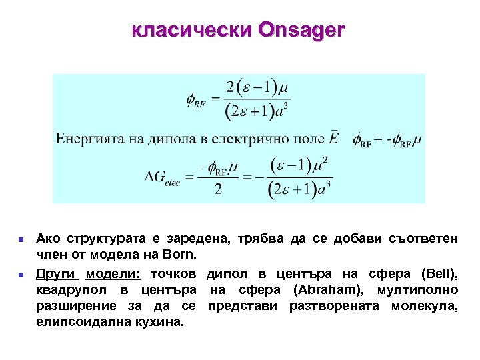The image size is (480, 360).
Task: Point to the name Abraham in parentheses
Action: [x=327, y=290]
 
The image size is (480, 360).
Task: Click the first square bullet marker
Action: [x=21, y=239]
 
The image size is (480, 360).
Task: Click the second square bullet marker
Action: [x=21, y=274]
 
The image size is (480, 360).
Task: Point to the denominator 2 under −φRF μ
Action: [x=219, y=189]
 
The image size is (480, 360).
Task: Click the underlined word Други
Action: [x=57, y=273]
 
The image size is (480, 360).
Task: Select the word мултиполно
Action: [x=417, y=290]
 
